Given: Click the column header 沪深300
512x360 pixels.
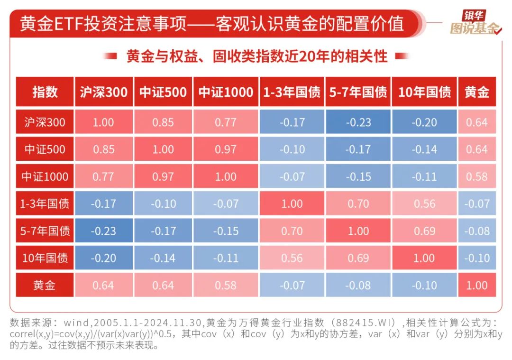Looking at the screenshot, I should pyautogui.click(x=103, y=92).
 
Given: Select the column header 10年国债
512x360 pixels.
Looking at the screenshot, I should pyautogui.click(x=424, y=92).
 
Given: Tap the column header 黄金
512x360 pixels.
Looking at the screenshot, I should pyautogui.click(x=476, y=92).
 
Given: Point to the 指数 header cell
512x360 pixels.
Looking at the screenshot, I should pyautogui.click(x=45, y=92).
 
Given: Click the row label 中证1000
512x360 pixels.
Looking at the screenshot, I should pyautogui.click(x=45, y=177).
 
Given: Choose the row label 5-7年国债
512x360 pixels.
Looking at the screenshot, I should pyautogui.click(x=45, y=231).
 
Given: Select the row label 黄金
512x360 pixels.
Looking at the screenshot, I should pyautogui.click(x=45, y=286).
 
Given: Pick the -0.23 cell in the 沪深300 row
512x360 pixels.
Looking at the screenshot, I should pyautogui.click(x=358, y=122).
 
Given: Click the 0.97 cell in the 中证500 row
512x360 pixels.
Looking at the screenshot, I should pyautogui.click(x=225, y=149).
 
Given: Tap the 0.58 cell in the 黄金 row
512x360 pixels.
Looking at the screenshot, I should pyautogui.click(x=225, y=286).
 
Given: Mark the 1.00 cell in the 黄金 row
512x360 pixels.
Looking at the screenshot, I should pyautogui.click(x=476, y=286).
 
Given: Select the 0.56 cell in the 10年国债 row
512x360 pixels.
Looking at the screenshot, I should pyautogui.click(x=292, y=258).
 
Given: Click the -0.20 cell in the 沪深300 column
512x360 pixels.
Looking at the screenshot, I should pyautogui.click(x=103, y=258).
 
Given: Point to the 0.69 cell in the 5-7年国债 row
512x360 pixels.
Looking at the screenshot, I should pyautogui.click(x=424, y=231).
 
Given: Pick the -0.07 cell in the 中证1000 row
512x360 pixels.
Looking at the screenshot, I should pyautogui.click(x=292, y=177).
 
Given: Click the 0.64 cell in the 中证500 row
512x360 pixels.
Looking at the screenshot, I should pyautogui.click(x=476, y=149).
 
